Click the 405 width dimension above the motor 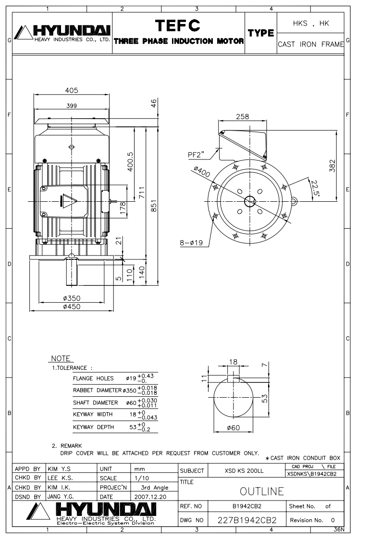72,90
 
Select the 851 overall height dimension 154,206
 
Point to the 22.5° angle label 314,188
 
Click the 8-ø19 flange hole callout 191,243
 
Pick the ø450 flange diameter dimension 72,306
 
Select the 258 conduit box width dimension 243,117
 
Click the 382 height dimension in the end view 332,166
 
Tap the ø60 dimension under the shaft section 234,428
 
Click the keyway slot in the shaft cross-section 234,379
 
